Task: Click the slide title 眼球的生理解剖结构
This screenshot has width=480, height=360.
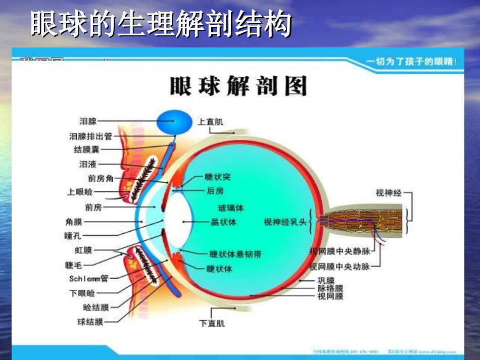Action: (x=161, y=24)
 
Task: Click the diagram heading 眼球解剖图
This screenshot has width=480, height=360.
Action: (x=238, y=86)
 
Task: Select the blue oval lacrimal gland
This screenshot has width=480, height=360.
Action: (x=174, y=122)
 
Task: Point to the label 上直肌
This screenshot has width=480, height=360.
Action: (x=210, y=122)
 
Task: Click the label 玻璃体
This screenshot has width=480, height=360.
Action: (x=231, y=208)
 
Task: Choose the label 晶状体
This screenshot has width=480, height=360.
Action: (x=223, y=222)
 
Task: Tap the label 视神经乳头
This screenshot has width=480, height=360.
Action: (x=285, y=222)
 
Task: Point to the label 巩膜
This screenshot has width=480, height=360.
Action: (x=326, y=280)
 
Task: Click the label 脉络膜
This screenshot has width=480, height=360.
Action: (x=330, y=288)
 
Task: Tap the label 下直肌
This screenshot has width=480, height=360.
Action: (x=212, y=323)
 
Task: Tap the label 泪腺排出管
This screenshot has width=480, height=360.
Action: (x=90, y=136)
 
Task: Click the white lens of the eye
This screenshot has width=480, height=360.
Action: (x=177, y=221)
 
